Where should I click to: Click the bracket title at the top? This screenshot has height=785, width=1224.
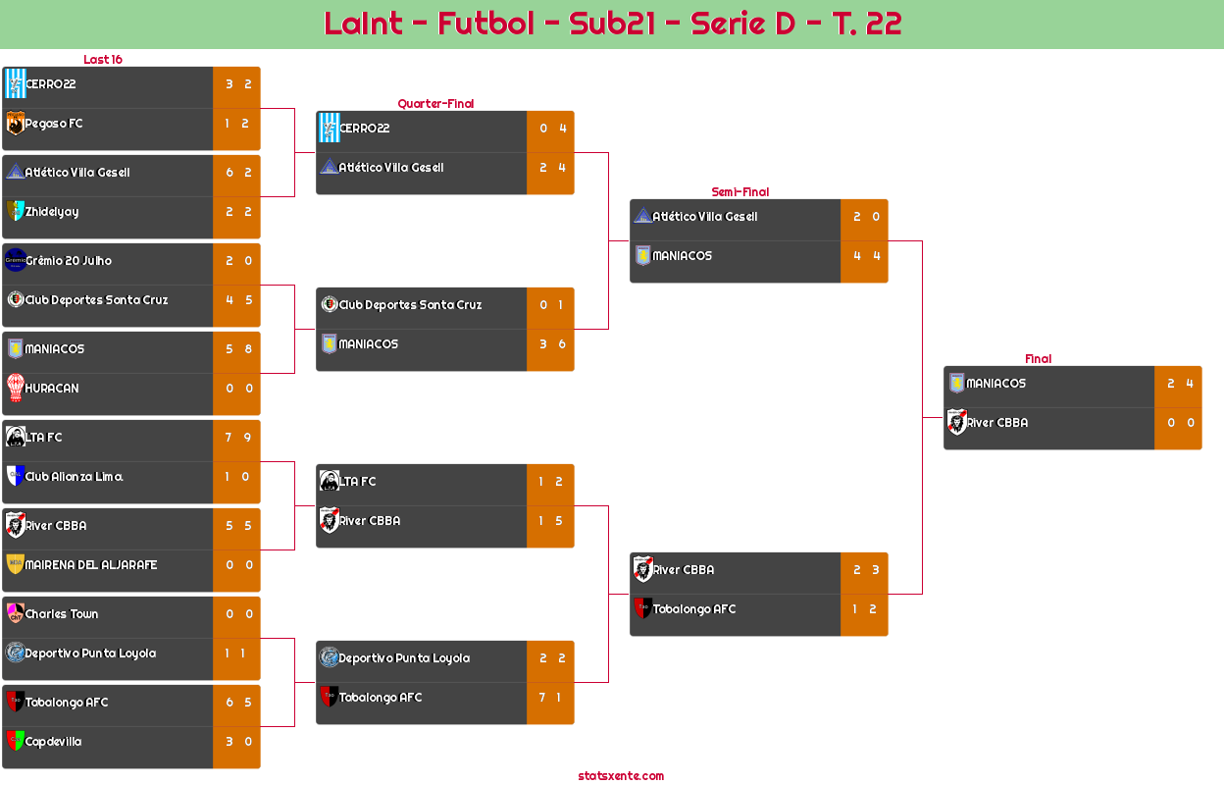[612, 24]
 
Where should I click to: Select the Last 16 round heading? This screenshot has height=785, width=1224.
[102, 60]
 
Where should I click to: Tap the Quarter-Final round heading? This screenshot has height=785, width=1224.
[434, 104]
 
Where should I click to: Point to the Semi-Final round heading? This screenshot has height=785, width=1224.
[739, 192]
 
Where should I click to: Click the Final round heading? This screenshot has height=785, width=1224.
[1037, 359]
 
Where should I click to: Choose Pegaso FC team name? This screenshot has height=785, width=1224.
[54, 124]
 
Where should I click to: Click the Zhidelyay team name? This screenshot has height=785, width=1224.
[52, 212]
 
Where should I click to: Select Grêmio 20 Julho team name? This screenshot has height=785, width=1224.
[69, 261]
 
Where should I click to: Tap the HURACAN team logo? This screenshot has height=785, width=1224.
[15, 389]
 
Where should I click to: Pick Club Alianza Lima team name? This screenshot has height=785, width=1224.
[74, 477]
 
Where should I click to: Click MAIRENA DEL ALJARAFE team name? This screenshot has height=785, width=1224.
[90, 565]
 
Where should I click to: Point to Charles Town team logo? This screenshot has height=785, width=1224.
[15, 614]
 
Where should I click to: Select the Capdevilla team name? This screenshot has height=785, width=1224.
[53, 742]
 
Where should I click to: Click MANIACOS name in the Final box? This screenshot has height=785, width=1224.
[995, 384]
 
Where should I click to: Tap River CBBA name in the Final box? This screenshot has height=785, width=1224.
[997, 423]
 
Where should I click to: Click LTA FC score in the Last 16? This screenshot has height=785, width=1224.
[236, 438]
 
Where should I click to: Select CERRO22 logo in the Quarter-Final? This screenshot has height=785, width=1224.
[329, 129]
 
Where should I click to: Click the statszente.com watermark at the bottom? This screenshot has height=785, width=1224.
[621, 776]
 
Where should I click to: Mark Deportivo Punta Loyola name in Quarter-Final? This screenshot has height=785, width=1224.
[404, 658]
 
